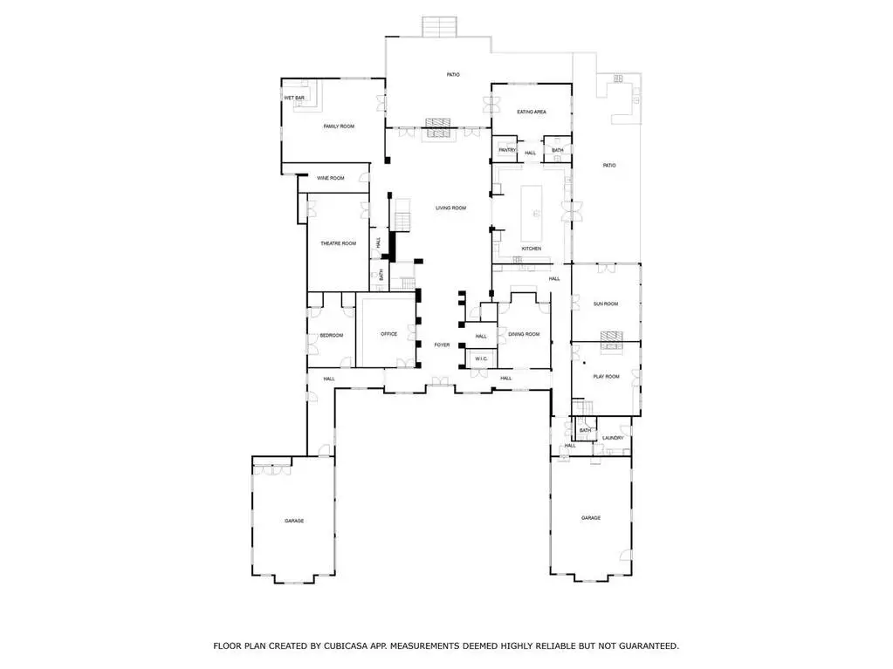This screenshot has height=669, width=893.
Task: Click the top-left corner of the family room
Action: coord(282,79)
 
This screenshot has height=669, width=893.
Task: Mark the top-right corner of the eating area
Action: coord(571,85)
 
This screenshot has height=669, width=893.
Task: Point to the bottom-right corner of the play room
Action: coord(640,416)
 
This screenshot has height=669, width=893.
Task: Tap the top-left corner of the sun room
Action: coord(573,264)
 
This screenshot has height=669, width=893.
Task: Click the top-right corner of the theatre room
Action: coord(368,194)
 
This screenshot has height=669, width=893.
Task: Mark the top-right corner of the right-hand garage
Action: coord(631,456)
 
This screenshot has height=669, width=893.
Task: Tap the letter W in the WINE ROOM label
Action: coord(319,178)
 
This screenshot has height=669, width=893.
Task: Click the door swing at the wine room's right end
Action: coord(364,178)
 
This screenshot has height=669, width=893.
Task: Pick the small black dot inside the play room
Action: coord(584,362)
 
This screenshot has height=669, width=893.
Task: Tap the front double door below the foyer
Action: coord(440,382)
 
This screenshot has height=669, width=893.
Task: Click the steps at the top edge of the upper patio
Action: coord(440,27)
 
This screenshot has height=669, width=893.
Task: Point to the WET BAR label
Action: coord(294,99)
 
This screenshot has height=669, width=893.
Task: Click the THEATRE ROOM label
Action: coord(339,243)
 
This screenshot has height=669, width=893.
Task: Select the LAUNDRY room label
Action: coord(613,438)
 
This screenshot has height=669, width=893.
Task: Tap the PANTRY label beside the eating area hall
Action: coord(507,150)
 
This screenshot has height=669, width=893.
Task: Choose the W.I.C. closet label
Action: coord(481,359)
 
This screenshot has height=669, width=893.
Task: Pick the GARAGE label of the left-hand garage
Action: coord(294,521)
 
